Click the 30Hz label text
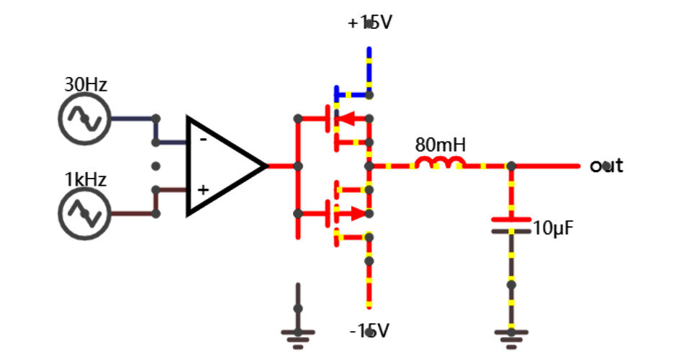[86, 84]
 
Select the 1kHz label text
[86, 179]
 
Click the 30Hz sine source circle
[84, 119]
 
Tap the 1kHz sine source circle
[84, 213]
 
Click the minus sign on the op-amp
[203, 139]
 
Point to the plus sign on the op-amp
[203, 190]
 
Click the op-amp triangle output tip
[265, 166]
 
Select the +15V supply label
[369, 23]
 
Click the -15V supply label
[369, 331]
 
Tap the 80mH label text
[441, 145]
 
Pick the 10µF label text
[554, 229]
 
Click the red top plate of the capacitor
[511, 219]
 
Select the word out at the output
[606, 166]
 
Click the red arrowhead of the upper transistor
[346, 119]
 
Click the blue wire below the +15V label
[369, 68]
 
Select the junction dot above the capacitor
[511, 166]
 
